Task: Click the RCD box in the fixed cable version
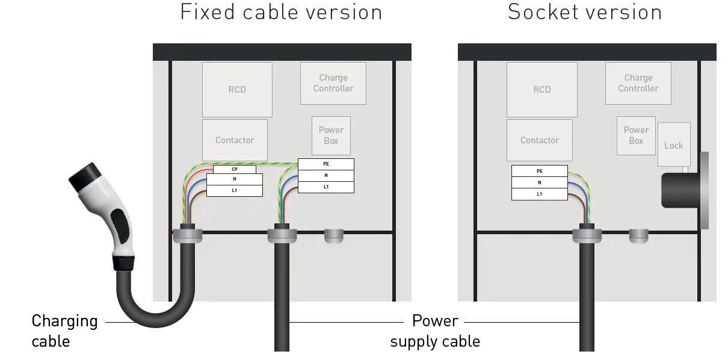point(237,89)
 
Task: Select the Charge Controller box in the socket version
point(638,83)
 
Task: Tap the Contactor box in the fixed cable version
point(235,140)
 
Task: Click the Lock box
point(673,145)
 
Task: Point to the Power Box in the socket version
point(636,135)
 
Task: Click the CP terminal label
point(235,170)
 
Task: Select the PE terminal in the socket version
point(540,171)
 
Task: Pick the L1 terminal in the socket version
point(540,194)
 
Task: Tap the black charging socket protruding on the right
point(680,190)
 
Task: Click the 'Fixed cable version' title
point(281,12)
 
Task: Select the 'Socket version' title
point(584,12)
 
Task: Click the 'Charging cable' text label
point(64,331)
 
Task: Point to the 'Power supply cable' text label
point(435,331)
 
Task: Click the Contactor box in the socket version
point(539,140)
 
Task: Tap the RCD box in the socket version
point(541,89)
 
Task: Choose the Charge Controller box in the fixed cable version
point(333,83)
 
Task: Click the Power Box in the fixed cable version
point(331,135)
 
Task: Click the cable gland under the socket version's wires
point(587,234)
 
